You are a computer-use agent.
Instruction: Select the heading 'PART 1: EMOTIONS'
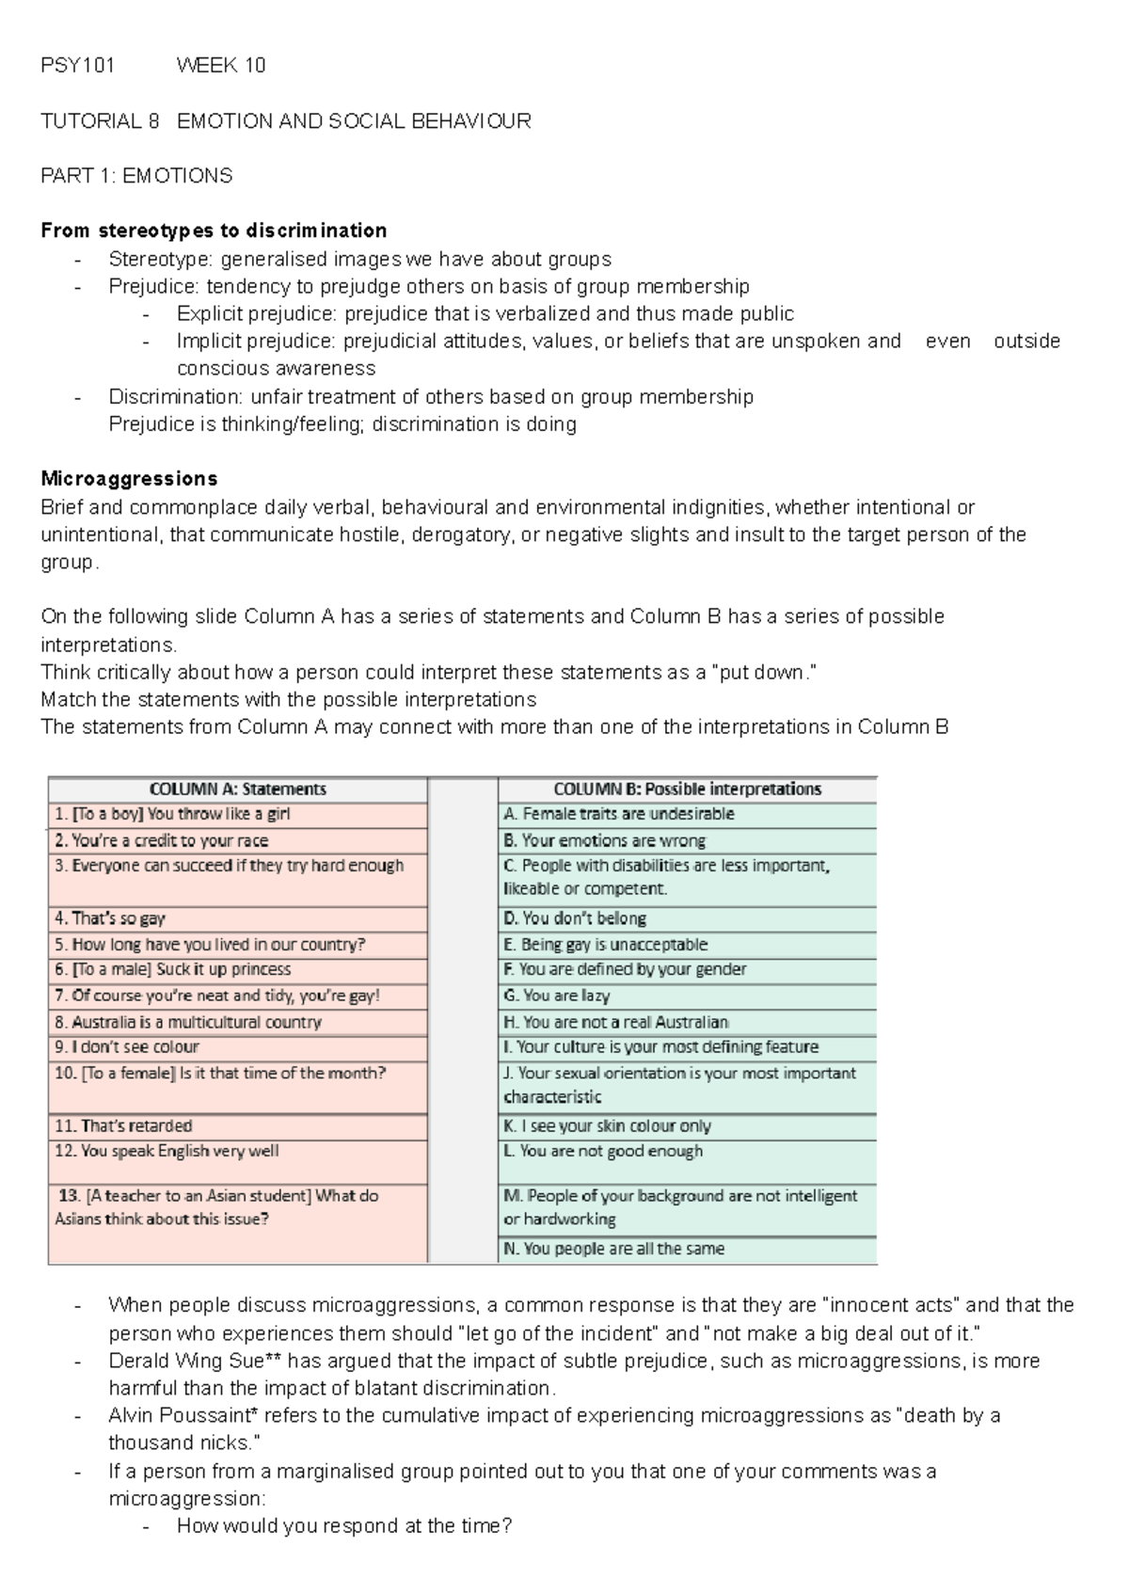[x=136, y=176]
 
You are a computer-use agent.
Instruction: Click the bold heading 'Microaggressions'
[x=129, y=479]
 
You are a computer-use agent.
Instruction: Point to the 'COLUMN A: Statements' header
[x=237, y=789]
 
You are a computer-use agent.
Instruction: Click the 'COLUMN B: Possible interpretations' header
[x=687, y=789]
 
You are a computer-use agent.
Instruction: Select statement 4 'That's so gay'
[x=110, y=918]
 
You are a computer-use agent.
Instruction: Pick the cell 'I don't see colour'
[x=127, y=1047]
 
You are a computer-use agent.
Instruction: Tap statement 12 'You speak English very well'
[x=167, y=1151]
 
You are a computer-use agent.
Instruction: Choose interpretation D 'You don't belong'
[x=575, y=918]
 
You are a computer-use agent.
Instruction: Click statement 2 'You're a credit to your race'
[x=161, y=840]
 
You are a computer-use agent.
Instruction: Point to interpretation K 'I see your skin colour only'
[x=608, y=1125]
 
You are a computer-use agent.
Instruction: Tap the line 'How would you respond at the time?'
[x=343, y=1526]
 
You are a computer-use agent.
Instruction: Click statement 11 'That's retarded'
[x=123, y=1125]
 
